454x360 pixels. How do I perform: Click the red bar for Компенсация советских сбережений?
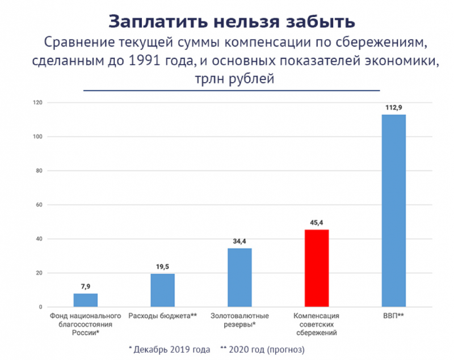coord(317,268)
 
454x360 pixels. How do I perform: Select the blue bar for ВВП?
coord(394,211)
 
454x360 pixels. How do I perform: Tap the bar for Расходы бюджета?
coord(162,290)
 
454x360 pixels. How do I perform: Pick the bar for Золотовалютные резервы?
coord(239,278)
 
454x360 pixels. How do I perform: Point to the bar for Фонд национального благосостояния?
coord(85,300)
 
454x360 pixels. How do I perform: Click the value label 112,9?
coord(394,107)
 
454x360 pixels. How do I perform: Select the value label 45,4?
coord(317,223)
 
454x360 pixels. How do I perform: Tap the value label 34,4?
coord(239,242)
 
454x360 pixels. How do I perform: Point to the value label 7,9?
coord(85,287)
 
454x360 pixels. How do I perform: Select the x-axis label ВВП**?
coord(394,316)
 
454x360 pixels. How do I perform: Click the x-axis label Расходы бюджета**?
coord(163,316)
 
